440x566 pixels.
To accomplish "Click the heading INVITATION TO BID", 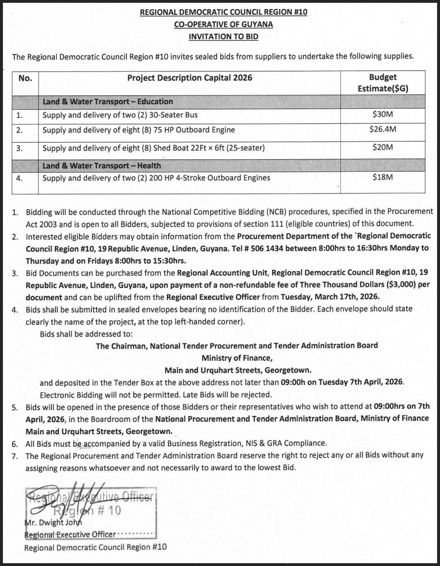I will [x=223, y=37].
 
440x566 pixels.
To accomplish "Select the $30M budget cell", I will [x=383, y=114].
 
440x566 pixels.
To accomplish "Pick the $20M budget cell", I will [x=383, y=147].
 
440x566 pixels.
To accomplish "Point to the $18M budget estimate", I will [x=383, y=177].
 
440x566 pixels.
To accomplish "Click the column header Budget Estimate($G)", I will [x=383, y=83].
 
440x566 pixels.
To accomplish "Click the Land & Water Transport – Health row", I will [x=102, y=165].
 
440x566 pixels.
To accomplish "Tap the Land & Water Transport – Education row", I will [x=108, y=101].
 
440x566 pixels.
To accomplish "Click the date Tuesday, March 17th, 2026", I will [x=330, y=296].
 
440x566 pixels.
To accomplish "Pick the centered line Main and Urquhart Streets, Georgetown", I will [x=238, y=370].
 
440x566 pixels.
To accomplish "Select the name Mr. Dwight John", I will [x=53, y=523].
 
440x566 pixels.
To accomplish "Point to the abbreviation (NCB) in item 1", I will [x=276, y=212].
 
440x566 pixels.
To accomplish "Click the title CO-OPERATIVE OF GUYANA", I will [x=223, y=24].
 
